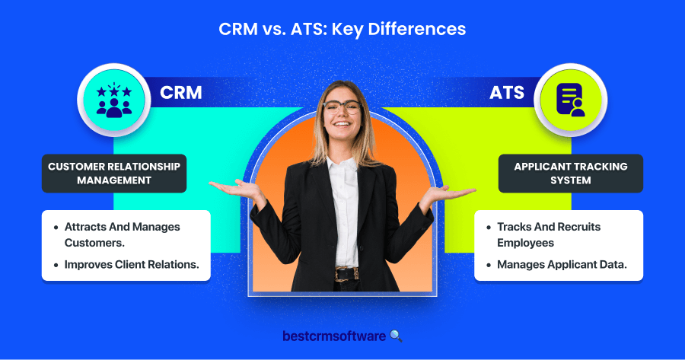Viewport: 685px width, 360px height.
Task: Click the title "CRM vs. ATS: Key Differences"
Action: click(342, 29)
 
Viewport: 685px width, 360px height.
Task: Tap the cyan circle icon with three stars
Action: click(114, 100)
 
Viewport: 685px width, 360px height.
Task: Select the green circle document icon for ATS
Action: click(571, 100)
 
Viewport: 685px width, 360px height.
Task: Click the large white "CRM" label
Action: click(181, 93)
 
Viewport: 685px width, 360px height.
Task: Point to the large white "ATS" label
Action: click(507, 93)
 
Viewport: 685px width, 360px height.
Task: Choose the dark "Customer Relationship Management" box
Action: click(114, 174)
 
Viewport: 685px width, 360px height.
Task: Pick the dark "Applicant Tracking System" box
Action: click(571, 174)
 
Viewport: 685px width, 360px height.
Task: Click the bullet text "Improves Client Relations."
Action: click(132, 265)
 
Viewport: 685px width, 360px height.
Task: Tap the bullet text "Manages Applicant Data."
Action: click(562, 265)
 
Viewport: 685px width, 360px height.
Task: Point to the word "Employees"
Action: click(525, 243)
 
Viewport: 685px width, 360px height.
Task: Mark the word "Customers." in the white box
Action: click(94, 243)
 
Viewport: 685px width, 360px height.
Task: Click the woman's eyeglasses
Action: click(342, 107)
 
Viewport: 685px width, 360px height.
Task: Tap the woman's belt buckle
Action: click(340, 274)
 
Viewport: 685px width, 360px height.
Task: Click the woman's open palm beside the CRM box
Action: click(236, 188)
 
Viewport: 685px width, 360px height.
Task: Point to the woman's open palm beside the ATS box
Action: click(450, 193)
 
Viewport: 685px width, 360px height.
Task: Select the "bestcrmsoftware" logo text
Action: click(334, 336)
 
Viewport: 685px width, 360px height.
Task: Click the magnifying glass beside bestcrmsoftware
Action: click(396, 336)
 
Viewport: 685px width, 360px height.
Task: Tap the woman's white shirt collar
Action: click(342, 164)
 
